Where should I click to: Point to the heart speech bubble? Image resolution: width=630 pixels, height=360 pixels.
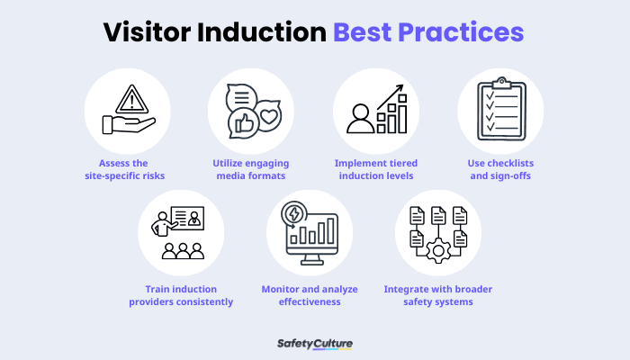tap(268, 116)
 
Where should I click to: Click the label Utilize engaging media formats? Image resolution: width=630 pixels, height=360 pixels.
tap(251, 169)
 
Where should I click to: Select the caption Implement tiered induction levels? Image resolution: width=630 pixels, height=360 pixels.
tap(375, 169)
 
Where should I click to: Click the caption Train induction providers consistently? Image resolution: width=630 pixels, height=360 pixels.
tap(189, 295)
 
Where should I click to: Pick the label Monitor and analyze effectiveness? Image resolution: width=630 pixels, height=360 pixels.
tap(313, 295)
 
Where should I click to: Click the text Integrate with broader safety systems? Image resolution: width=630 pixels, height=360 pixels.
tap(437, 295)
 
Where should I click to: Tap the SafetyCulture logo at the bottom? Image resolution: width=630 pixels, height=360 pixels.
tap(314, 343)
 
